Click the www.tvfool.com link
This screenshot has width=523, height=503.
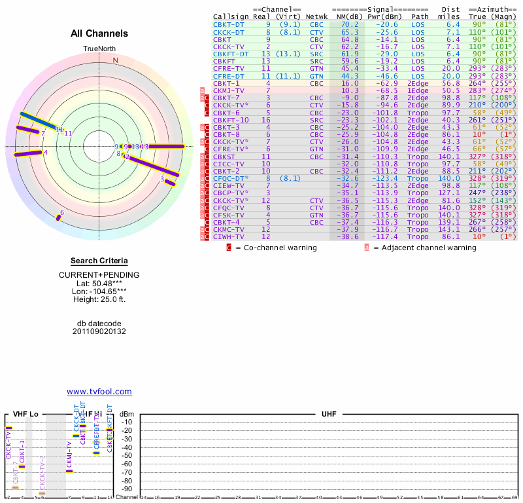(x=99, y=392)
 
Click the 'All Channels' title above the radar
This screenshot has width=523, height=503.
(x=99, y=33)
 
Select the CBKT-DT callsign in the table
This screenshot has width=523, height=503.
(x=228, y=24)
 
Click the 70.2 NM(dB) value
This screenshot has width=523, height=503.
(x=349, y=24)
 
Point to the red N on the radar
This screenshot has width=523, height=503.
(x=116, y=60)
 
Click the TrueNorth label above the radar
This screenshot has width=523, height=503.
(x=99, y=49)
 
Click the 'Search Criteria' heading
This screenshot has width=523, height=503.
(x=99, y=261)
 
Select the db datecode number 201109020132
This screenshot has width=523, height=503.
(x=99, y=331)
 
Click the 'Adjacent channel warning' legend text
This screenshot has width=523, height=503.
(x=425, y=248)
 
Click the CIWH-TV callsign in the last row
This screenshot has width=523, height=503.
(x=228, y=236)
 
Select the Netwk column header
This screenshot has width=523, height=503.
(x=316, y=16)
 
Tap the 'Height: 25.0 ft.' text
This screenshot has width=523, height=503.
(x=99, y=299)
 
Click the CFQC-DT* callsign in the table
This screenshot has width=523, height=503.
(x=229, y=177)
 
